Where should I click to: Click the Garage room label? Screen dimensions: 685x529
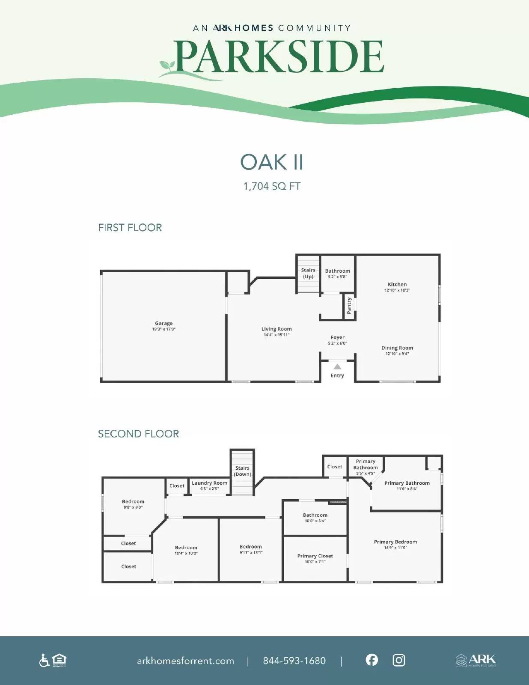pyautogui.click(x=163, y=323)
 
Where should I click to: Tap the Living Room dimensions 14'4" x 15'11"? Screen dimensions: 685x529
pyautogui.click(x=276, y=335)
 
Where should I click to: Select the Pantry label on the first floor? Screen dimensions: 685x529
pyautogui.click(x=349, y=306)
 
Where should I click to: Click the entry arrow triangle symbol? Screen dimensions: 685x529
pyautogui.click(x=337, y=366)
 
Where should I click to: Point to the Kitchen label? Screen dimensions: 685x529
pyautogui.click(x=397, y=284)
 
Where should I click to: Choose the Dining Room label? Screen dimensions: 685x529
pyautogui.click(x=397, y=348)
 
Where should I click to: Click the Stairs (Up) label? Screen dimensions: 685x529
pyautogui.click(x=308, y=273)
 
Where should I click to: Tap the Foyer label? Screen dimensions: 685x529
pyautogui.click(x=337, y=337)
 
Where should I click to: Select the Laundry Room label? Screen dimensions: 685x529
pyautogui.click(x=209, y=483)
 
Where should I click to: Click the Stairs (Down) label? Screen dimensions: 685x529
pyautogui.click(x=242, y=471)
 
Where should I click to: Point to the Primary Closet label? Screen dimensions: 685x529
pyautogui.click(x=315, y=556)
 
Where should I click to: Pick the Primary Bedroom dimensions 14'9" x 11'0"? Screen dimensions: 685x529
pyautogui.click(x=395, y=548)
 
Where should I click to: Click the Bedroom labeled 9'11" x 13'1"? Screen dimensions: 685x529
pyautogui.click(x=251, y=547)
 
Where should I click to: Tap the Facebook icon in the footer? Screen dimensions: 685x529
pyautogui.click(x=372, y=660)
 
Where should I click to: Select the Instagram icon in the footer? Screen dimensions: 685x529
pyautogui.click(x=398, y=660)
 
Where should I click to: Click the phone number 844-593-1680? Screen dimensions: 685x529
pyautogui.click(x=294, y=661)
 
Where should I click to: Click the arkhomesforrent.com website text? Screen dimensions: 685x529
pyautogui.click(x=185, y=661)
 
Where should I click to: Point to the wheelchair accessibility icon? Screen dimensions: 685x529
pyautogui.click(x=44, y=660)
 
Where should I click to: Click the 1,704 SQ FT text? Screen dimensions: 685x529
pyautogui.click(x=272, y=186)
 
